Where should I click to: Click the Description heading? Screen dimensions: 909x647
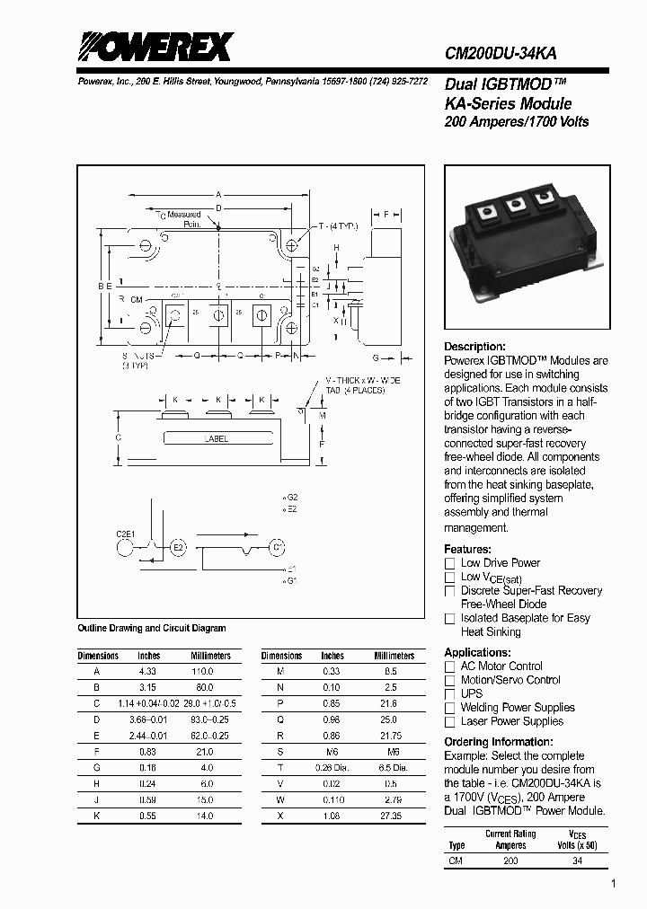(x=474, y=347)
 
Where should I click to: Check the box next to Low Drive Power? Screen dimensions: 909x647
(x=450, y=563)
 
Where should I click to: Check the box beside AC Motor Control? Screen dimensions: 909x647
(x=450, y=666)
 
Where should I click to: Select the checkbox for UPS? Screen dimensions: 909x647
(x=450, y=694)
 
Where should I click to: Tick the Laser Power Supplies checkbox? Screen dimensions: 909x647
(x=450, y=721)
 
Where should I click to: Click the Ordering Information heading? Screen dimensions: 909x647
(x=499, y=742)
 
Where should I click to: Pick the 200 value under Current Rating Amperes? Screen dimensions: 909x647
(x=510, y=860)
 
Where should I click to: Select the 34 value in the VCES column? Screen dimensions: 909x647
(x=577, y=860)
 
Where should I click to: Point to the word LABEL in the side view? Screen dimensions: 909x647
(x=216, y=439)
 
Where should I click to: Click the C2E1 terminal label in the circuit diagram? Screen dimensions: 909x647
(x=125, y=534)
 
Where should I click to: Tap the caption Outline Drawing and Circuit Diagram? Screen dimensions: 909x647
(x=152, y=628)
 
